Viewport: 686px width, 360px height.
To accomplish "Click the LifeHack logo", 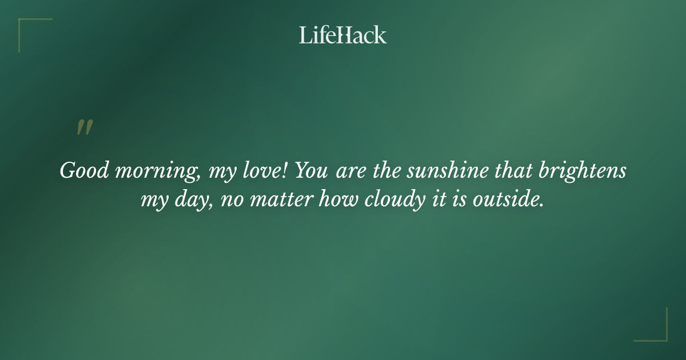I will (x=343, y=35).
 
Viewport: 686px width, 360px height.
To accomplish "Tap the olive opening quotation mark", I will (x=85, y=127).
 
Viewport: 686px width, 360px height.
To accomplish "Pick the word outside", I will (x=507, y=200).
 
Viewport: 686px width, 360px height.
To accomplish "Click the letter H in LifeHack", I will (x=342, y=35).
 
